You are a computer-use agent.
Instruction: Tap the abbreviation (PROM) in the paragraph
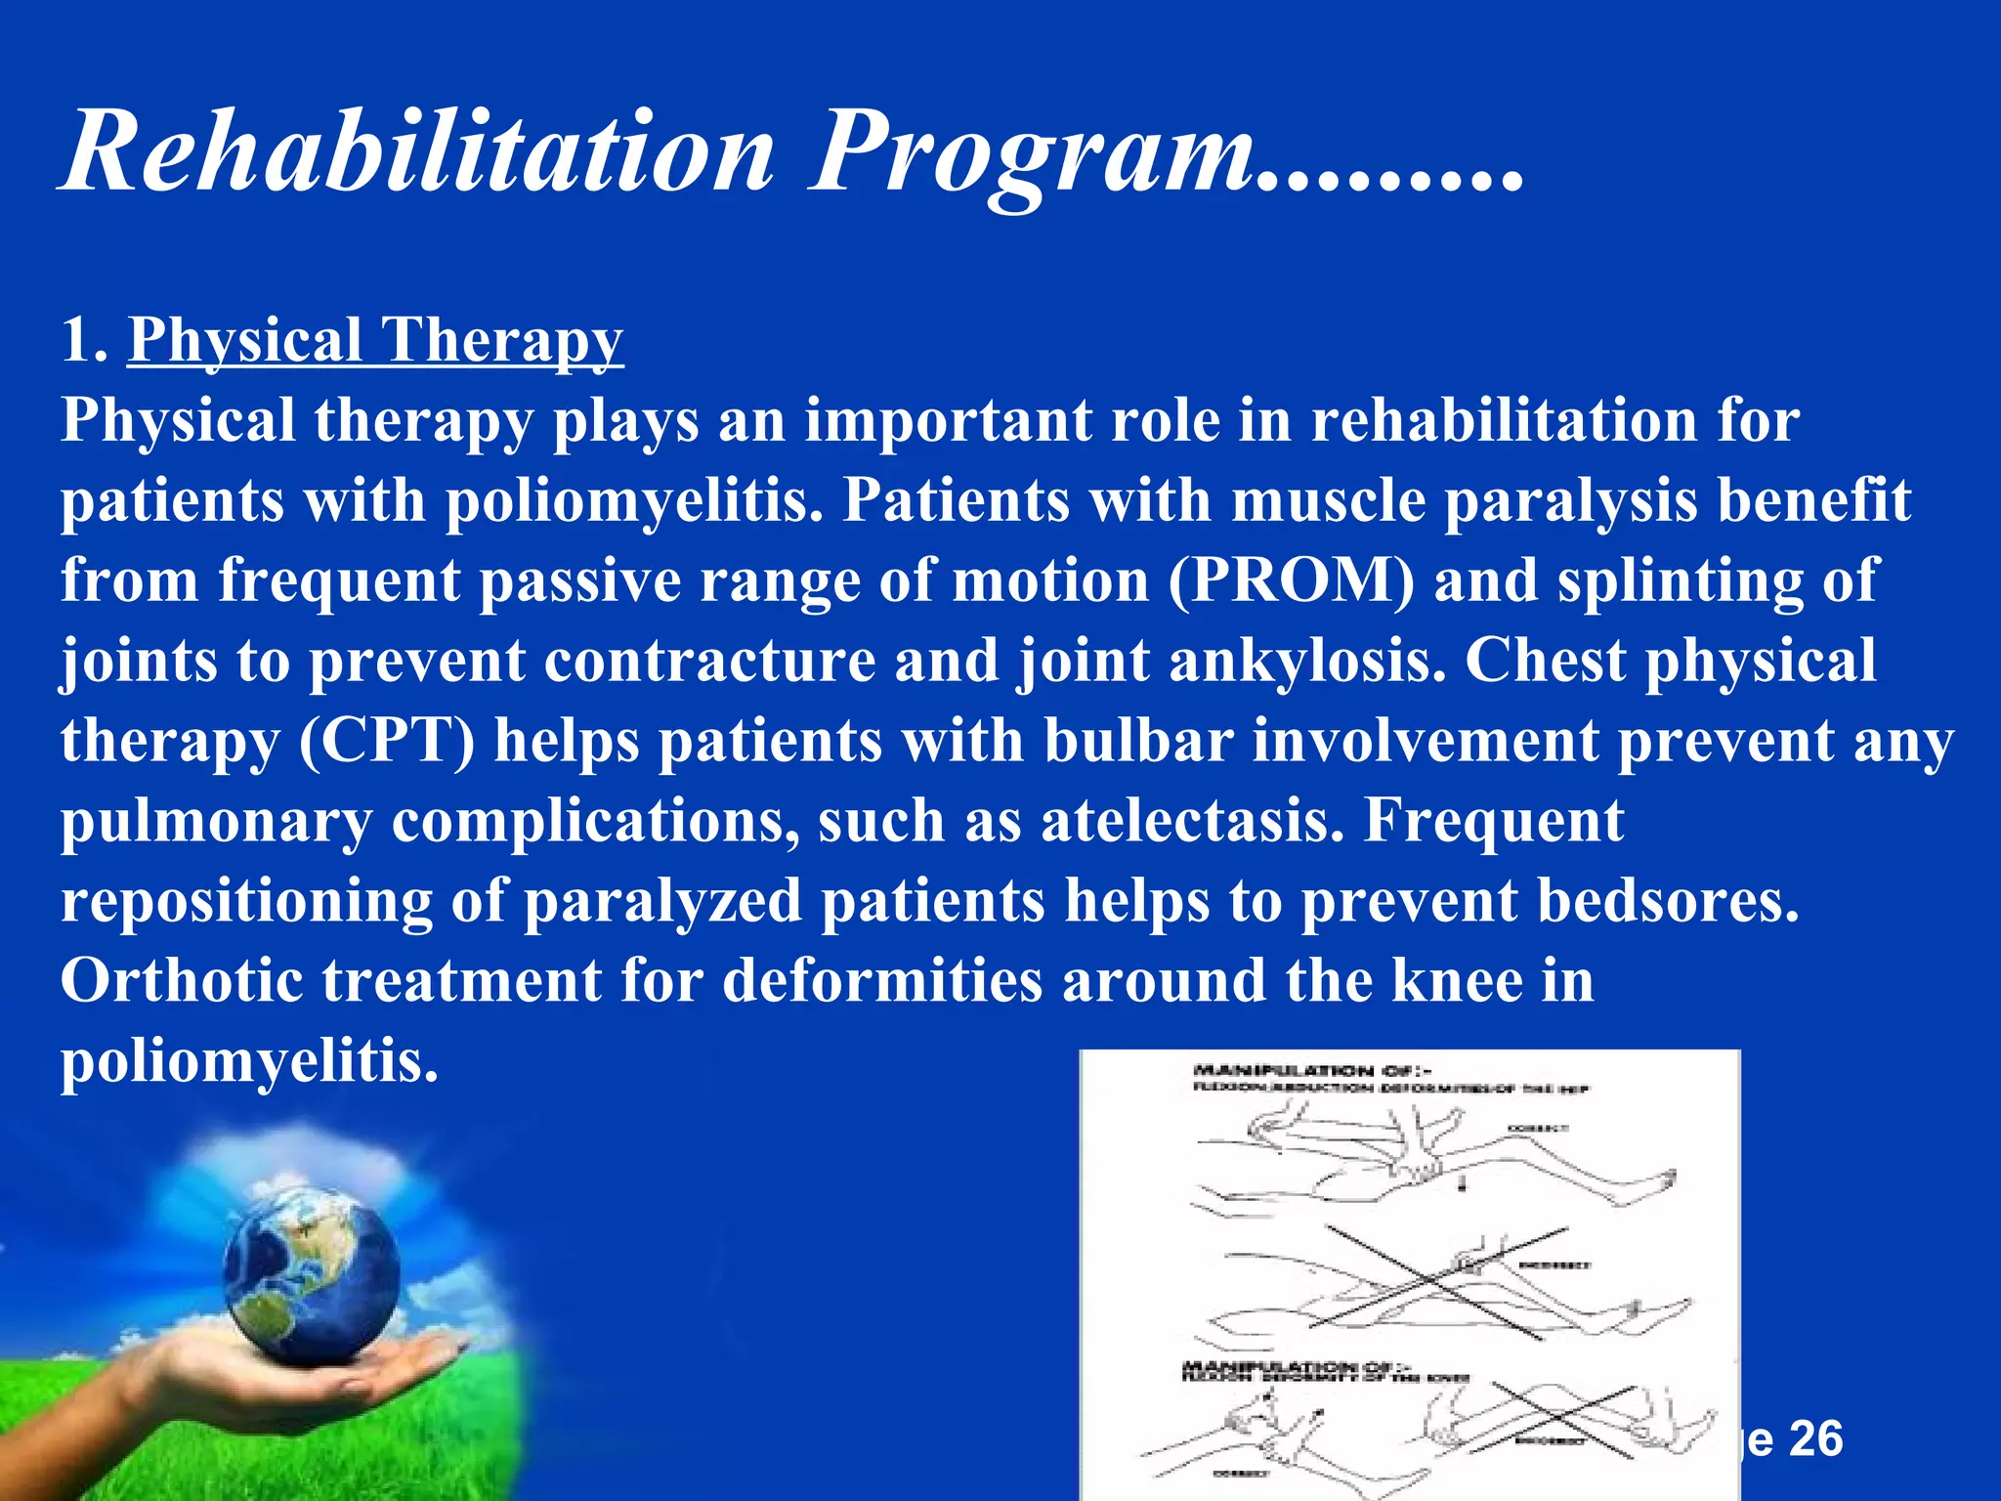pos(1291,580)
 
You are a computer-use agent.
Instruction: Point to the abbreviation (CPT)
pos(387,741)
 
